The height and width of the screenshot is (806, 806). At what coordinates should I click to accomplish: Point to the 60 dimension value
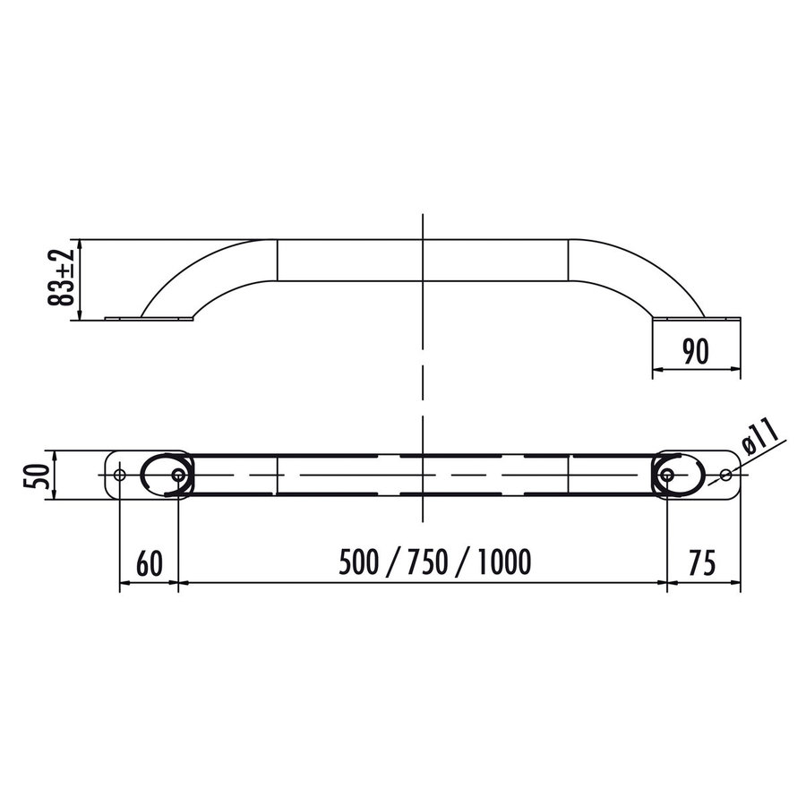[150, 563]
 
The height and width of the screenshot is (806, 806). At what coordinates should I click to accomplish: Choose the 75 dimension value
[704, 563]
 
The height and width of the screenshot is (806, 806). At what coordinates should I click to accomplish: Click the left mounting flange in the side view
[149, 317]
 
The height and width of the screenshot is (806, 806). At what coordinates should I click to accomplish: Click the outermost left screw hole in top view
[119, 474]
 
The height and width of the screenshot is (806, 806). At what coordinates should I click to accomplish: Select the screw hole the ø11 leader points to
[725, 474]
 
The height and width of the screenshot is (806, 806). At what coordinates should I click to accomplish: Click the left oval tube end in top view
[162, 474]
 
